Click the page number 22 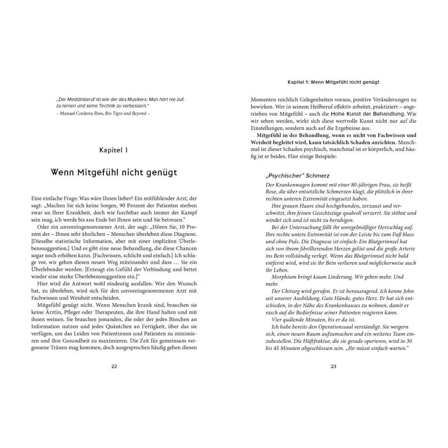[114, 366]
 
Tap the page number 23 [333, 366]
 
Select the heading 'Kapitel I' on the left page [114, 150]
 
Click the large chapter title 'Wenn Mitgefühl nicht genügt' [114, 172]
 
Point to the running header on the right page [333, 81]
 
